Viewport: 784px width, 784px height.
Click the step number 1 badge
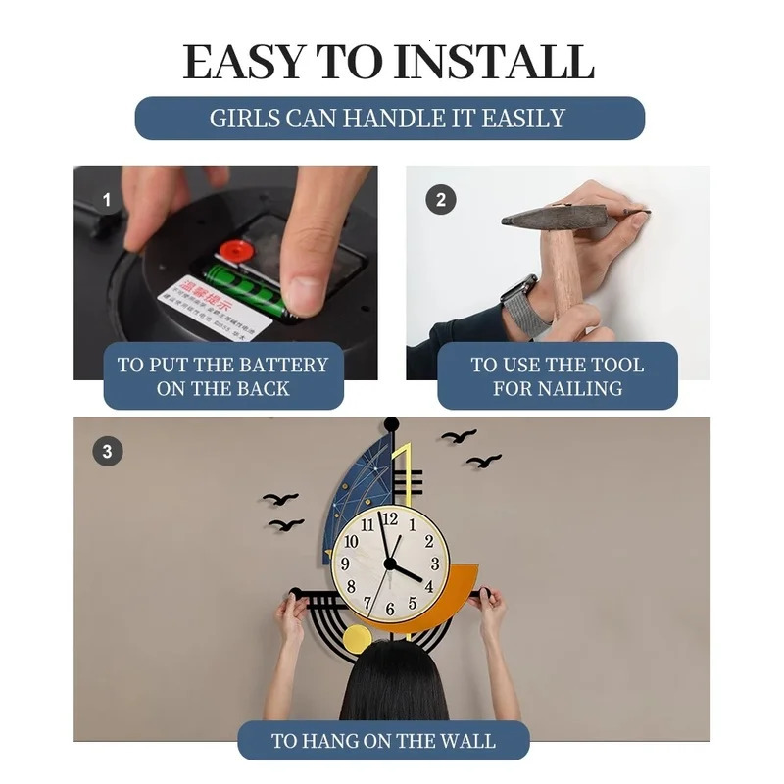coord(107,201)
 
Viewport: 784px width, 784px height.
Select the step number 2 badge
coord(440,200)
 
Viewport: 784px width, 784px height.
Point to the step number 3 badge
coord(107,452)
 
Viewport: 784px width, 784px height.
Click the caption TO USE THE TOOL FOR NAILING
coord(557,376)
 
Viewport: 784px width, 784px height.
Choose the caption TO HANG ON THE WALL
coord(383,741)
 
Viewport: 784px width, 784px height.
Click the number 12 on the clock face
coord(390,519)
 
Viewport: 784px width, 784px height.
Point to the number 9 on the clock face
coord(345,564)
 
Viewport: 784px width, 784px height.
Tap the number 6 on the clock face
coord(390,610)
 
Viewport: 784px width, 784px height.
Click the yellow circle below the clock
coord(357,639)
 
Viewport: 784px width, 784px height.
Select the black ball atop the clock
coord(391,424)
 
